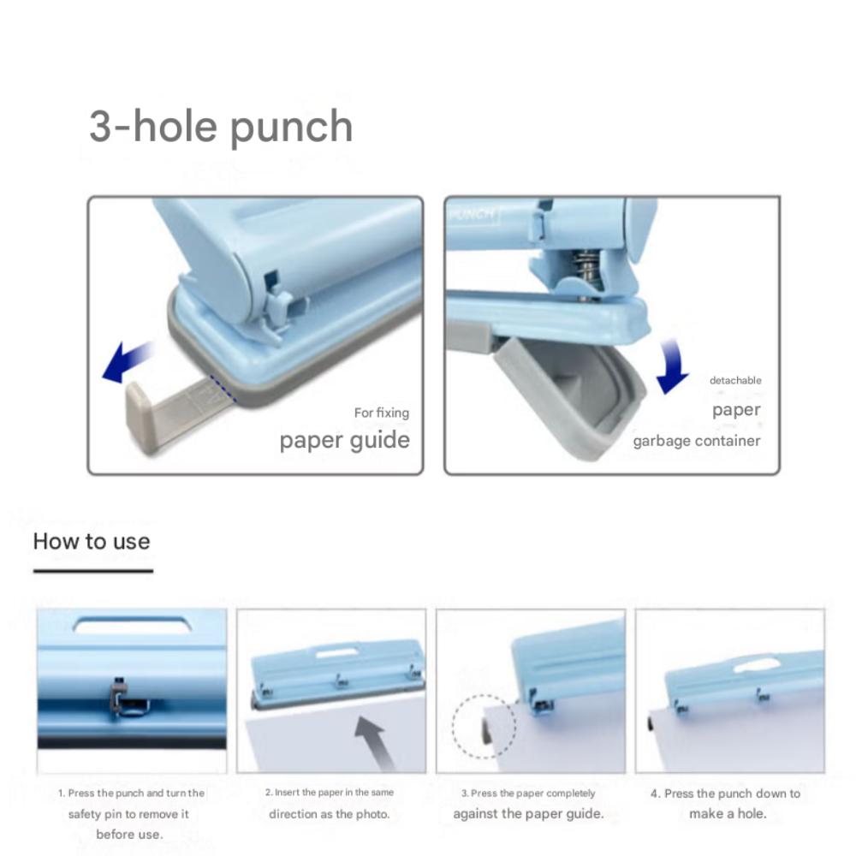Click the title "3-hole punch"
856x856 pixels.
(221, 127)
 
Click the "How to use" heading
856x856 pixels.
(92, 542)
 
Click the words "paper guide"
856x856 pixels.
(344, 440)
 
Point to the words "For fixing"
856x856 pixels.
(381, 413)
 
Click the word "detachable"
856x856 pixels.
(734, 380)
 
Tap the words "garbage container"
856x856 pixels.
(696, 441)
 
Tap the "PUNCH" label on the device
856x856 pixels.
(472, 214)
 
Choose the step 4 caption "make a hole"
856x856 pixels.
(728, 813)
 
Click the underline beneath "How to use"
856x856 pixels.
(92, 570)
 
